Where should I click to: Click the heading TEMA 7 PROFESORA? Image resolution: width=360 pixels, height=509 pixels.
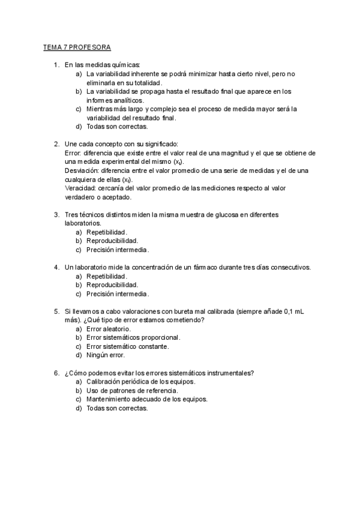[x=77, y=46]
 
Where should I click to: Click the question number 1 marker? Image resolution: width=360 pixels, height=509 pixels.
[x=56, y=65]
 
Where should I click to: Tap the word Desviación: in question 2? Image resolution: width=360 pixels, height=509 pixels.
[x=82, y=171]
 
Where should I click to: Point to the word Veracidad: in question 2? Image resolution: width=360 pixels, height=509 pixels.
[x=80, y=188]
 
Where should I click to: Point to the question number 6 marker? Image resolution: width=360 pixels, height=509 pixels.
[x=56, y=373]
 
